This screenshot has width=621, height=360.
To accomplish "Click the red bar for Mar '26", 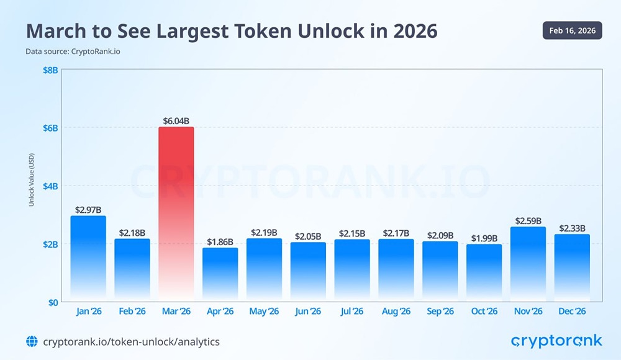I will [176, 214].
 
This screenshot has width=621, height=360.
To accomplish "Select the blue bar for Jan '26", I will [88, 258].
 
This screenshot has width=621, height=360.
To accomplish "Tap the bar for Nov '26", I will [528, 264].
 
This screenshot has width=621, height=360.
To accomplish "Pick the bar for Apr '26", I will [220, 274].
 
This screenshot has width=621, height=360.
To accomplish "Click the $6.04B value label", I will [176, 120].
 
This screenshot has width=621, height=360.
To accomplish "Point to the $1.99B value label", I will [484, 238].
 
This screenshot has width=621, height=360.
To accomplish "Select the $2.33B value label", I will [572, 228].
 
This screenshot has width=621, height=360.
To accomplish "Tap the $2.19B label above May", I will [264, 232].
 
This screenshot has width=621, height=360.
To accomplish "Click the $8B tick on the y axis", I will [50, 70].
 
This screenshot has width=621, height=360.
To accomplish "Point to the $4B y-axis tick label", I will [50, 186].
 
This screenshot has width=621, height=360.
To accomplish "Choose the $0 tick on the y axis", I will [52, 302].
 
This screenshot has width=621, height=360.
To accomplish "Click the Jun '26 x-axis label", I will [308, 311].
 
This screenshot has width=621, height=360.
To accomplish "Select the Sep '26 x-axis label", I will [440, 311].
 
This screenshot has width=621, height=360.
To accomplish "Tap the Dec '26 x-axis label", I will [572, 311].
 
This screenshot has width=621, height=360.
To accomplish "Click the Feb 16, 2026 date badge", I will [572, 30].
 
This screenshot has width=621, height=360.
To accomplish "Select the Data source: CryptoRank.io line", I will [73, 52].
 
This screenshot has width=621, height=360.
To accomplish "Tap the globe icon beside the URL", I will [32, 341].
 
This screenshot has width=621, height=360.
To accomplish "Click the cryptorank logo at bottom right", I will [556, 341].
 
